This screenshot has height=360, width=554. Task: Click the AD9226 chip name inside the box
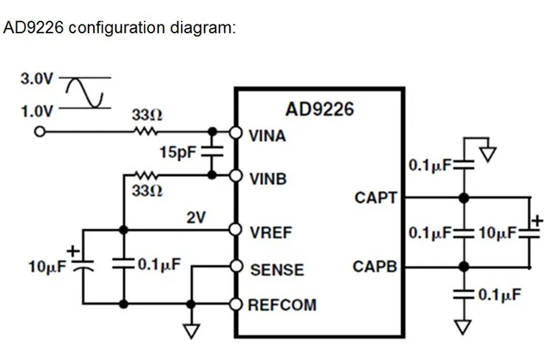[x=319, y=109]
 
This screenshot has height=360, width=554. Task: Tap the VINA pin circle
[x=236, y=132]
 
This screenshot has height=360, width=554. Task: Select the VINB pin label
[x=268, y=179]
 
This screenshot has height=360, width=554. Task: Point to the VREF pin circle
[x=236, y=229]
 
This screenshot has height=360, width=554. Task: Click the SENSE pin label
[x=277, y=270]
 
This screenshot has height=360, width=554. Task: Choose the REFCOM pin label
[x=282, y=305]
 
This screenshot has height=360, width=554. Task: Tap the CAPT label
[x=376, y=197]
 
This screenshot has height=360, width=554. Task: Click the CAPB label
[x=375, y=267]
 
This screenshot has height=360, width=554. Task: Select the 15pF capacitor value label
[x=178, y=152]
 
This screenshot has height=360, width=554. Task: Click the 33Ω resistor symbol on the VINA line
[x=146, y=132]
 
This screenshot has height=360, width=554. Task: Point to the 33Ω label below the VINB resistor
[x=147, y=191]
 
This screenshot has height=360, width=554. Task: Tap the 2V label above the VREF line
[x=196, y=217]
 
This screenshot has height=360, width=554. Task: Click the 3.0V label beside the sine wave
[x=36, y=78]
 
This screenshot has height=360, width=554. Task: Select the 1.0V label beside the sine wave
[x=36, y=112]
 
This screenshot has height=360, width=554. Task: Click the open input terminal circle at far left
[x=40, y=132]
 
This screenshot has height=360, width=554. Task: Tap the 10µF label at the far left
[x=47, y=267]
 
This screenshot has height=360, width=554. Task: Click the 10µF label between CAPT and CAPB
[x=497, y=233]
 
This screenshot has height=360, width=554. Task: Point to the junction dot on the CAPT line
[x=464, y=198]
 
